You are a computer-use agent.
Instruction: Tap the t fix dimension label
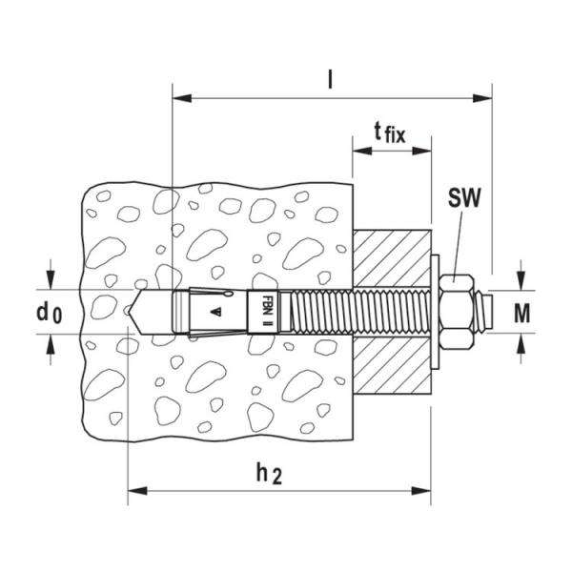(x=389, y=134)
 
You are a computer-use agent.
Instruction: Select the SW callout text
(x=463, y=201)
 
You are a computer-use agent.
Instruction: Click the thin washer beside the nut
(x=435, y=311)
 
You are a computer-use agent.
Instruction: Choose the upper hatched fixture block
(x=391, y=257)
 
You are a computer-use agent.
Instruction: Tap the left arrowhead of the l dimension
(x=180, y=96)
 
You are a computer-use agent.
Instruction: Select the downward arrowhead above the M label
(x=521, y=283)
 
